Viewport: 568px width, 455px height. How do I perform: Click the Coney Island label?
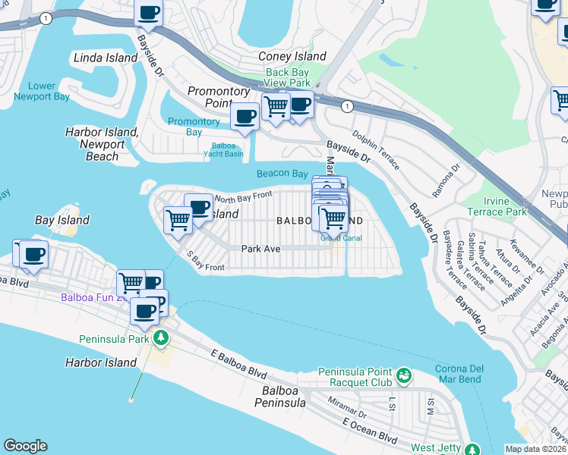pyautogui.click(x=292, y=56)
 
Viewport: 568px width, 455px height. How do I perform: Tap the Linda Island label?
pyautogui.click(x=105, y=58)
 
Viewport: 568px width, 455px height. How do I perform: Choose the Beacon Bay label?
pyautogui.click(x=282, y=174)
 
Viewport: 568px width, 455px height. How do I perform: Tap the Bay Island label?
pyautogui.click(x=62, y=220)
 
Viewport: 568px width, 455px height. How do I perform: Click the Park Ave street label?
pyautogui.click(x=261, y=248)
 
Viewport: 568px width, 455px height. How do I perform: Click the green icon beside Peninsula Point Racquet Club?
pyautogui.click(x=403, y=374)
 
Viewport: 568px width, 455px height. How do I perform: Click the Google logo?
pyautogui.click(x=25, y=446)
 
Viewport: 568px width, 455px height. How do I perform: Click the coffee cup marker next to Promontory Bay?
pyautogui.click(x=245, y=117)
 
